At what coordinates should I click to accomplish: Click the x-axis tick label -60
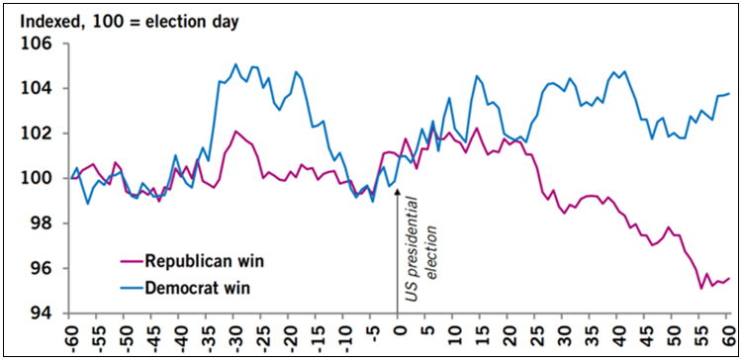(x=70, y=335)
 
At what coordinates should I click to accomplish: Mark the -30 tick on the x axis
(x=234, y=335)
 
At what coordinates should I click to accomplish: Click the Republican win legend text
(x=202, y=262)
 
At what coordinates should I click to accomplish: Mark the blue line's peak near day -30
(x=235, y=64)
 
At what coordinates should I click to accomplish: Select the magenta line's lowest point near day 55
(x=701, y=288)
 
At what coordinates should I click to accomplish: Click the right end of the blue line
(x=729, y=94)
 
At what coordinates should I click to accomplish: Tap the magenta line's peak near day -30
(x=235, y=131)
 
